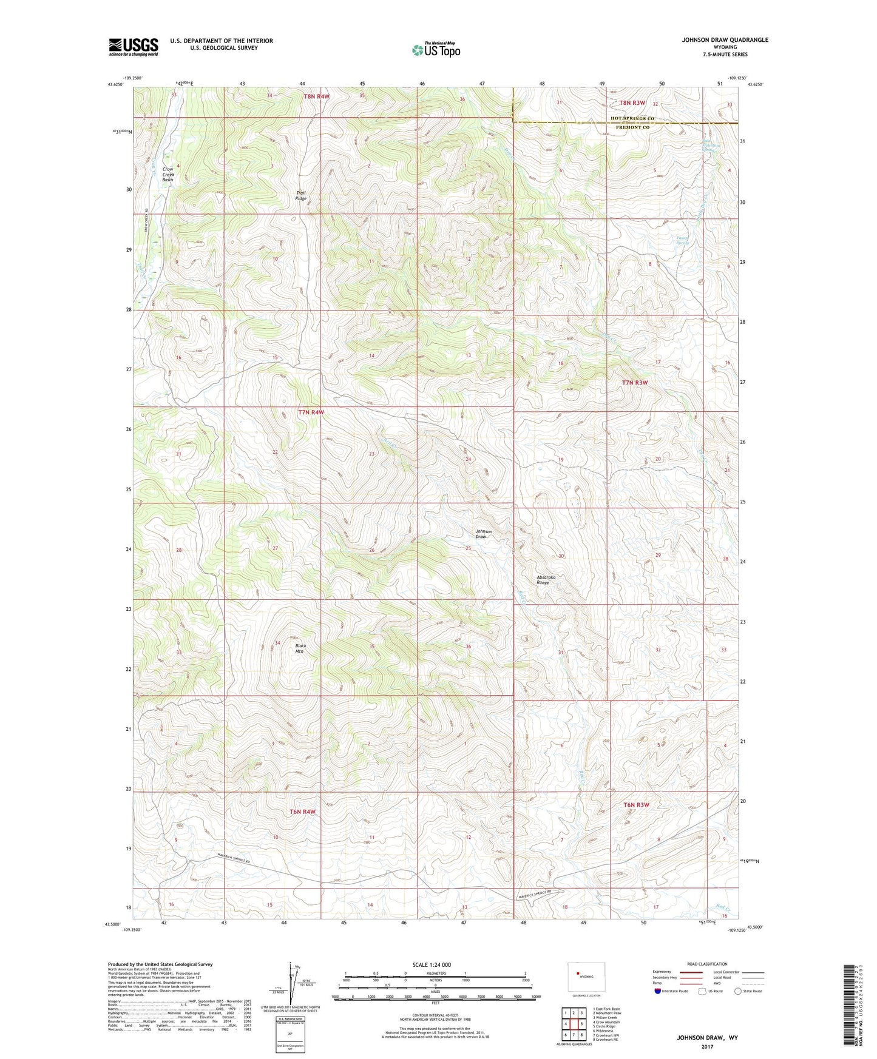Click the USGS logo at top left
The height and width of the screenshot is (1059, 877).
pyautogui.click(x=134, y=47)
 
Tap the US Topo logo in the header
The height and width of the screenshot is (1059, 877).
pyautogui.click(x=436, y=50)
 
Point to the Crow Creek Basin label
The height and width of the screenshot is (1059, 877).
pyautogui.click(x=168, y=175)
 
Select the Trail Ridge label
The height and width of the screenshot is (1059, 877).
pyautogui.click(x=301, y=196)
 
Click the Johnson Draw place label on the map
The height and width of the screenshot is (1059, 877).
pyautogui.click(x=484, y=534)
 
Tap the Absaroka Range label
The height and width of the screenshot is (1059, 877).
pyautogui.click(x=546, y=580)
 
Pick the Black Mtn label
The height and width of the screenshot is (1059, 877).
pyautogui.click(x=300, y=648)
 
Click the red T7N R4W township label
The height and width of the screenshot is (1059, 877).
pyautogui.click(x=311, y=412)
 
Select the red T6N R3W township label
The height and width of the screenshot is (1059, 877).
pyautogui.click(x=636, y=805)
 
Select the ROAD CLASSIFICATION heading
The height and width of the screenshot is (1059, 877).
pyautogui.click(x=707, y=964)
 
